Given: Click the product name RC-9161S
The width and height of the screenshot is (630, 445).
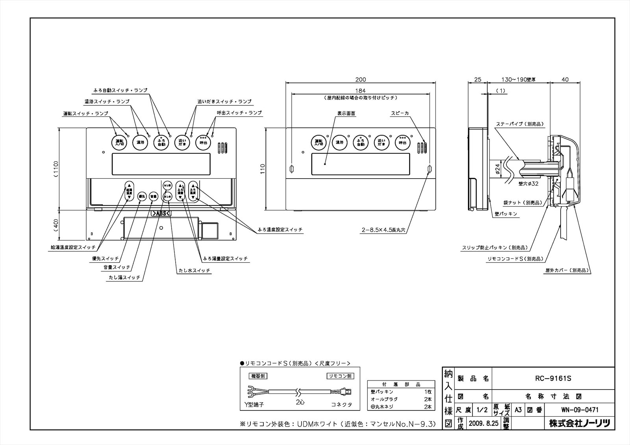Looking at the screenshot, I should click(553, 379).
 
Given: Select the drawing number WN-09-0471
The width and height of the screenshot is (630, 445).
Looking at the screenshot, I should click(580, 410).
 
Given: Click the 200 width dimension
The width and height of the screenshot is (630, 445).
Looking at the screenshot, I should click(360, 79).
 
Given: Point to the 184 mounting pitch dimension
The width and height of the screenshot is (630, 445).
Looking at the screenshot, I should click(360, 90).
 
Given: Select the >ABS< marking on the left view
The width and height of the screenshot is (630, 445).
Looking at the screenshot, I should click(161, 213).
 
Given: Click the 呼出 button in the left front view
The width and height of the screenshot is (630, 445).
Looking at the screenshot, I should click(203, 142).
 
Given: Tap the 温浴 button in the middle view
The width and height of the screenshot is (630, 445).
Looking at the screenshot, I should click(339, 142).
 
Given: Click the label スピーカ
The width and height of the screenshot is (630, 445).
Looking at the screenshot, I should click(399, 113).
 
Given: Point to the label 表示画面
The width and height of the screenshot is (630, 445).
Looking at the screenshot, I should click(346, 113).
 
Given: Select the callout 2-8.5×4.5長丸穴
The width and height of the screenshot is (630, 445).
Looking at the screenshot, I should click(385, 232).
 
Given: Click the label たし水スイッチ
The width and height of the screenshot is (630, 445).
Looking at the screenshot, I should click(193, 271).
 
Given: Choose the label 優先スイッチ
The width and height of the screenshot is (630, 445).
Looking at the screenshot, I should click(105, 259).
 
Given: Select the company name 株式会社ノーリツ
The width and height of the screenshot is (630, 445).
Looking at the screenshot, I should click(580, 423).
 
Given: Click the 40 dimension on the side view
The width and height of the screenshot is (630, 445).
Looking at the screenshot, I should click(565, 79).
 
